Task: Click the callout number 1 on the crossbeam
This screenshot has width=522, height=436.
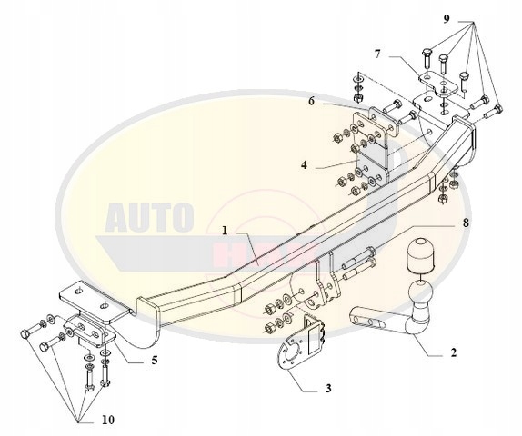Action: click(225, 231)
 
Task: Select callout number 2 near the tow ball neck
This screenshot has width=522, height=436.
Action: click(452, 354)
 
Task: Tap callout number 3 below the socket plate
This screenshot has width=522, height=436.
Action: click(327, 389)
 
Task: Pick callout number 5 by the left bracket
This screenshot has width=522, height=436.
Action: click(154, 360)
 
